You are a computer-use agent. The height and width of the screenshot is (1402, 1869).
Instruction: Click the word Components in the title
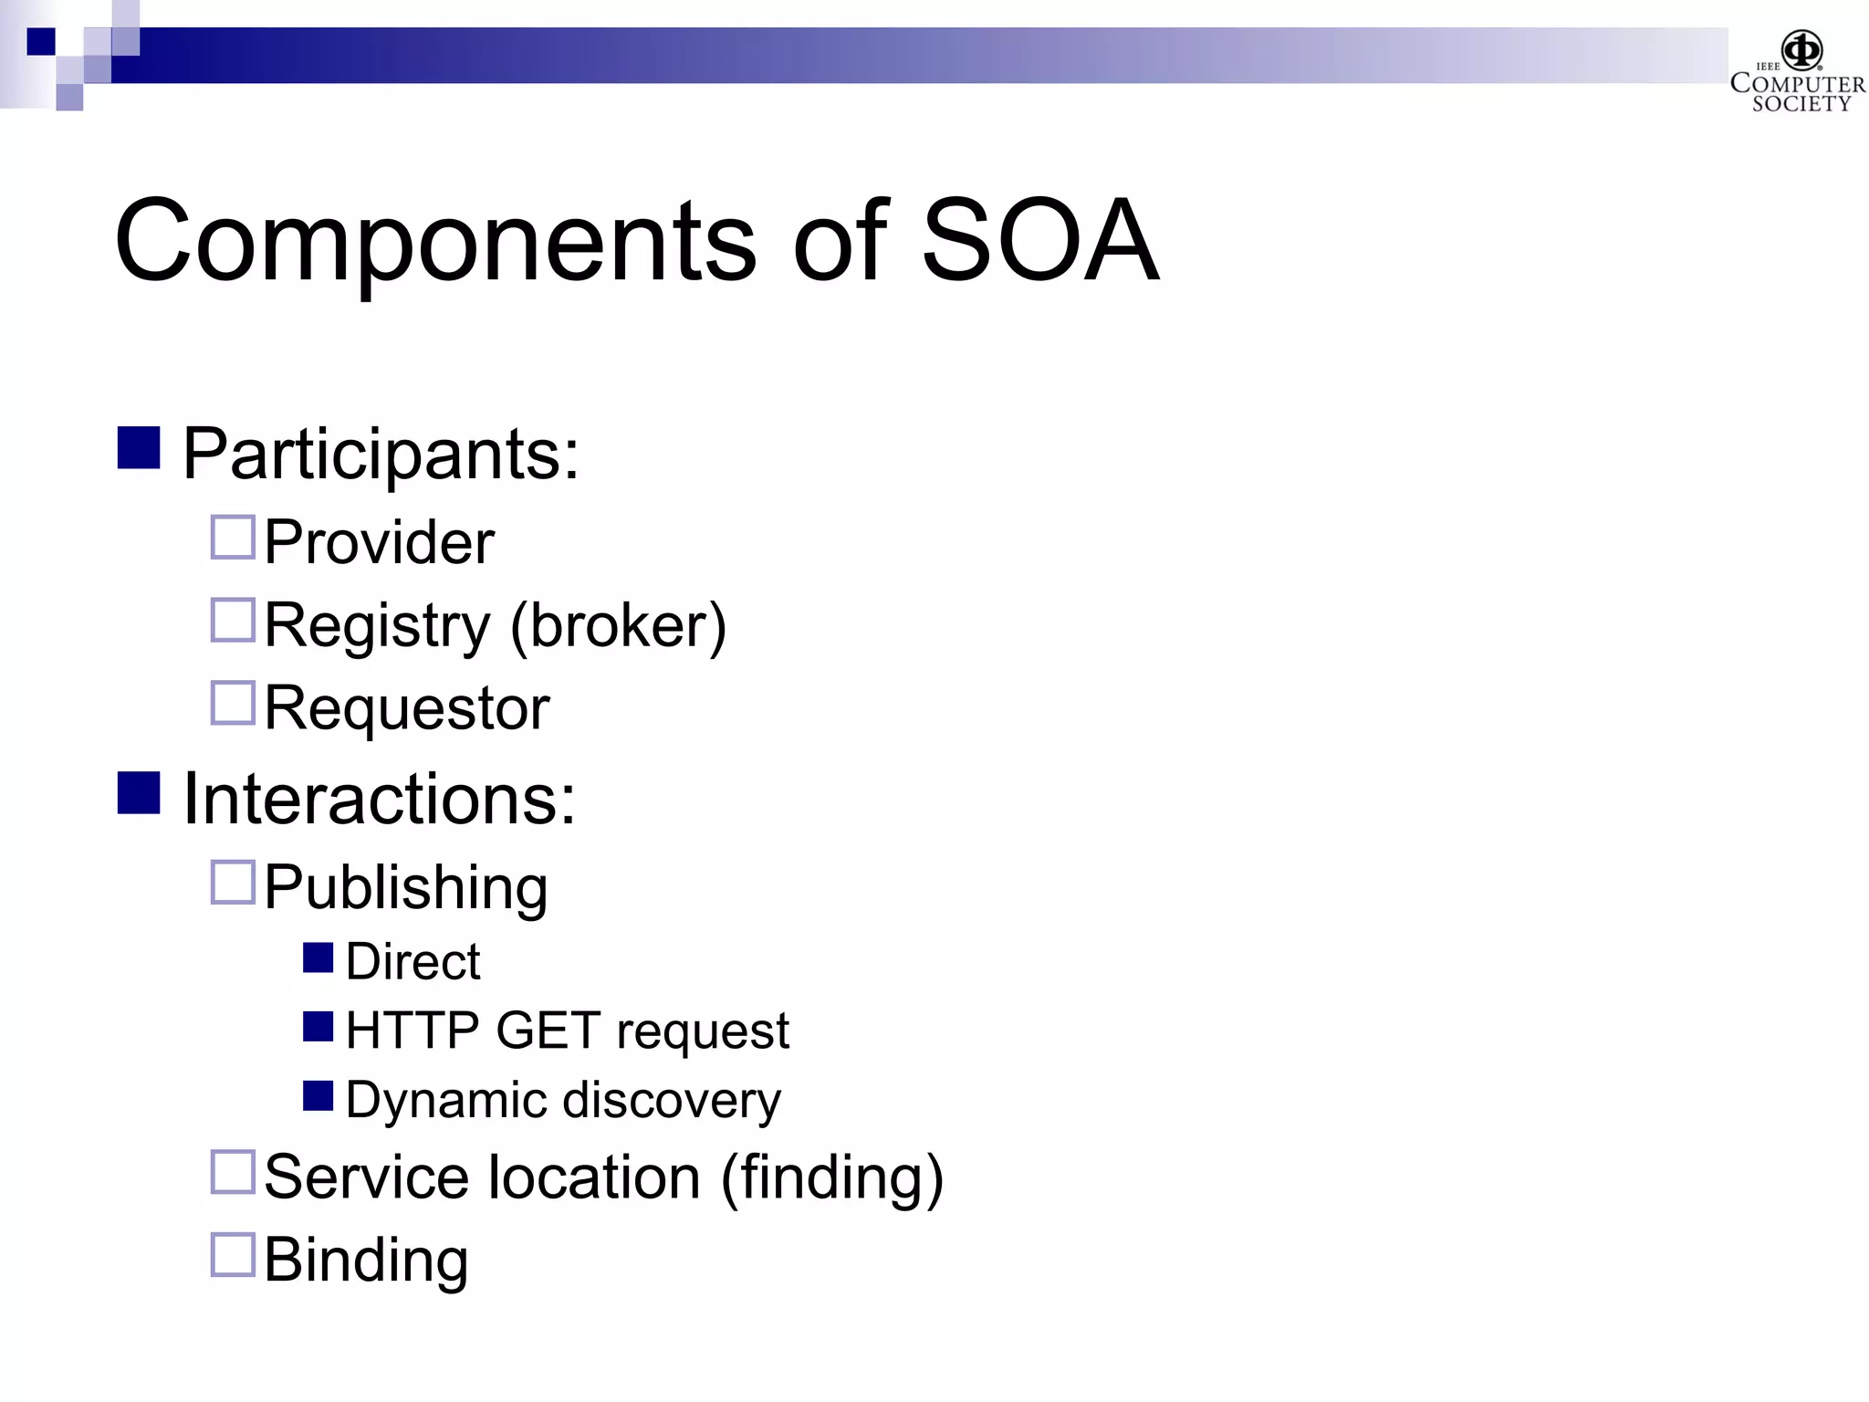[434, 242]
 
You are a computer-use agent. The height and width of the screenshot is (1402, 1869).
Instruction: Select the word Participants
[380, 454]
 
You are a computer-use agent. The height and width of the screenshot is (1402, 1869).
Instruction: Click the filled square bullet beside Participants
[139, 448]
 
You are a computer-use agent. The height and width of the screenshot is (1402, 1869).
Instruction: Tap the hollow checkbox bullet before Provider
[233, 538]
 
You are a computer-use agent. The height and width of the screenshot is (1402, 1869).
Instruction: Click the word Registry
[377, 626]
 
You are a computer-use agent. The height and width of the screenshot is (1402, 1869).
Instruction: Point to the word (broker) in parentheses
[618, 626]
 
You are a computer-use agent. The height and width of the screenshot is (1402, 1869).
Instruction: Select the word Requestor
[407, 708]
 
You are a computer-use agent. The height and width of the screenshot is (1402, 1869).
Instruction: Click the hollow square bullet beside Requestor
[233, 703]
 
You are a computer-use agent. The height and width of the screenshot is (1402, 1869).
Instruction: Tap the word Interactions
[379, 799]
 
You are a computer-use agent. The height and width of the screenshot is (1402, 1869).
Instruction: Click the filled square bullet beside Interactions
[139, 792]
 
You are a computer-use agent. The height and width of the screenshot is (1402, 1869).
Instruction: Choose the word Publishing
[406, 887]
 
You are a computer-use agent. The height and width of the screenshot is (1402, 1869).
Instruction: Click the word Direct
[412, 962]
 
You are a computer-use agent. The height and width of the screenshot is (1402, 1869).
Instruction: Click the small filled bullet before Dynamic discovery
[318, 1096]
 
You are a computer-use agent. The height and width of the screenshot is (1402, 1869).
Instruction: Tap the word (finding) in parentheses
[832, 1177]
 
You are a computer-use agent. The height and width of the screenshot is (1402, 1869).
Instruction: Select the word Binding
[366, 1261]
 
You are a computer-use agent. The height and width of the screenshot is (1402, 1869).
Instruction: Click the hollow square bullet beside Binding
[233, 1255]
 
